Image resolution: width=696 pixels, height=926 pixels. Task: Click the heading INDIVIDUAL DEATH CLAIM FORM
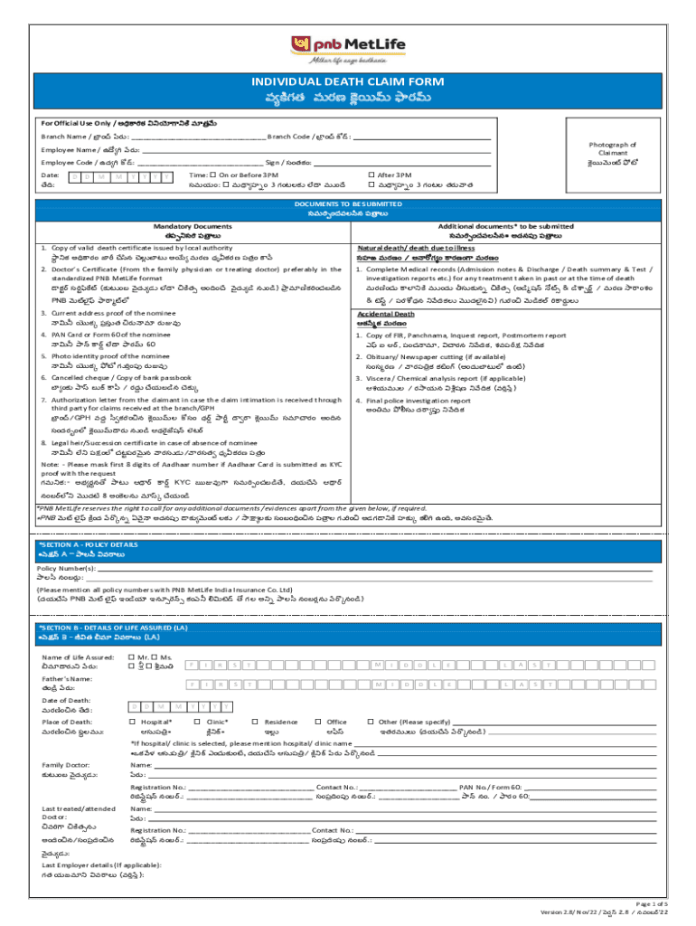point(348,82)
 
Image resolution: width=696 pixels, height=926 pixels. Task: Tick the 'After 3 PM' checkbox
point(372,174)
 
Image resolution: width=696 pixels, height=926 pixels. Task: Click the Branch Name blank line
point(200,138)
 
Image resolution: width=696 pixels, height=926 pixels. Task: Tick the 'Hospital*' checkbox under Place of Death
point(133,722)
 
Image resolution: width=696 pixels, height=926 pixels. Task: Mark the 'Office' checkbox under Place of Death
point(317,722)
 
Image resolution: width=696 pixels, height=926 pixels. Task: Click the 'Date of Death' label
point(65,701)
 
